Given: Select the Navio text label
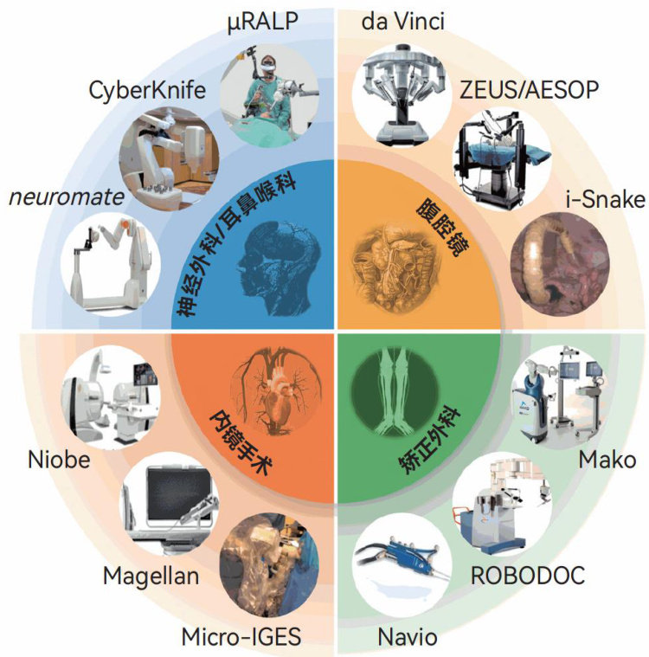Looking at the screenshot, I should [x=408, y=638].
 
